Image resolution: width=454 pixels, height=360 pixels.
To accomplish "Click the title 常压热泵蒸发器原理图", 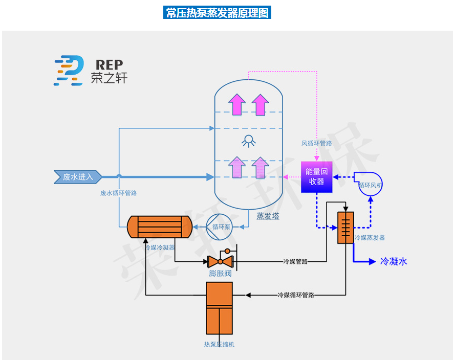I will coord(217,13).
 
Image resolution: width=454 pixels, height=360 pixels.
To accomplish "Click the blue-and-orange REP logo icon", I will coord(69,70).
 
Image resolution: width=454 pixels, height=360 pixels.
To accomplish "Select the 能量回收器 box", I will coord(316,177).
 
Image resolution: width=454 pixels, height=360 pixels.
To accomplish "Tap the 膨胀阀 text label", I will coord(220,274).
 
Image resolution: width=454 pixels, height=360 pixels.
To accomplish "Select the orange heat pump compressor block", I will coord(219,309).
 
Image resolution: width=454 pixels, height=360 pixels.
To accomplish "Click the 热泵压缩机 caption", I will coord(219,345).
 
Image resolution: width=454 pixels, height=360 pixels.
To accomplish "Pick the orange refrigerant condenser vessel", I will coord(159,227).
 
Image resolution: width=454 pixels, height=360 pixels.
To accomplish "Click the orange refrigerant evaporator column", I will coord(345,227).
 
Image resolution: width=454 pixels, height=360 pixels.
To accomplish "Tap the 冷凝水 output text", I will coord(394,262).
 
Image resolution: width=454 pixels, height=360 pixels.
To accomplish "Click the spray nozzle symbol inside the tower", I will coord(249,141).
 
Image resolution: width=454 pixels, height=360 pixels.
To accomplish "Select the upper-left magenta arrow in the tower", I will coord(236,104).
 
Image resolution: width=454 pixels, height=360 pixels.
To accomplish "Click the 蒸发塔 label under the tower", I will coord(268,216).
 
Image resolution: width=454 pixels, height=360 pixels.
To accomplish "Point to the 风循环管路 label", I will coord(316,143).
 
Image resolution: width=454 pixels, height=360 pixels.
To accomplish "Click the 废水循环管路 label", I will coord(118,193).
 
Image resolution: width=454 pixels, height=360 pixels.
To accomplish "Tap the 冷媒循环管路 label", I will coord(295,295).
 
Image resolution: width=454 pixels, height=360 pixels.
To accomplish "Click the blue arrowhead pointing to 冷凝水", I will coord(372,262).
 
